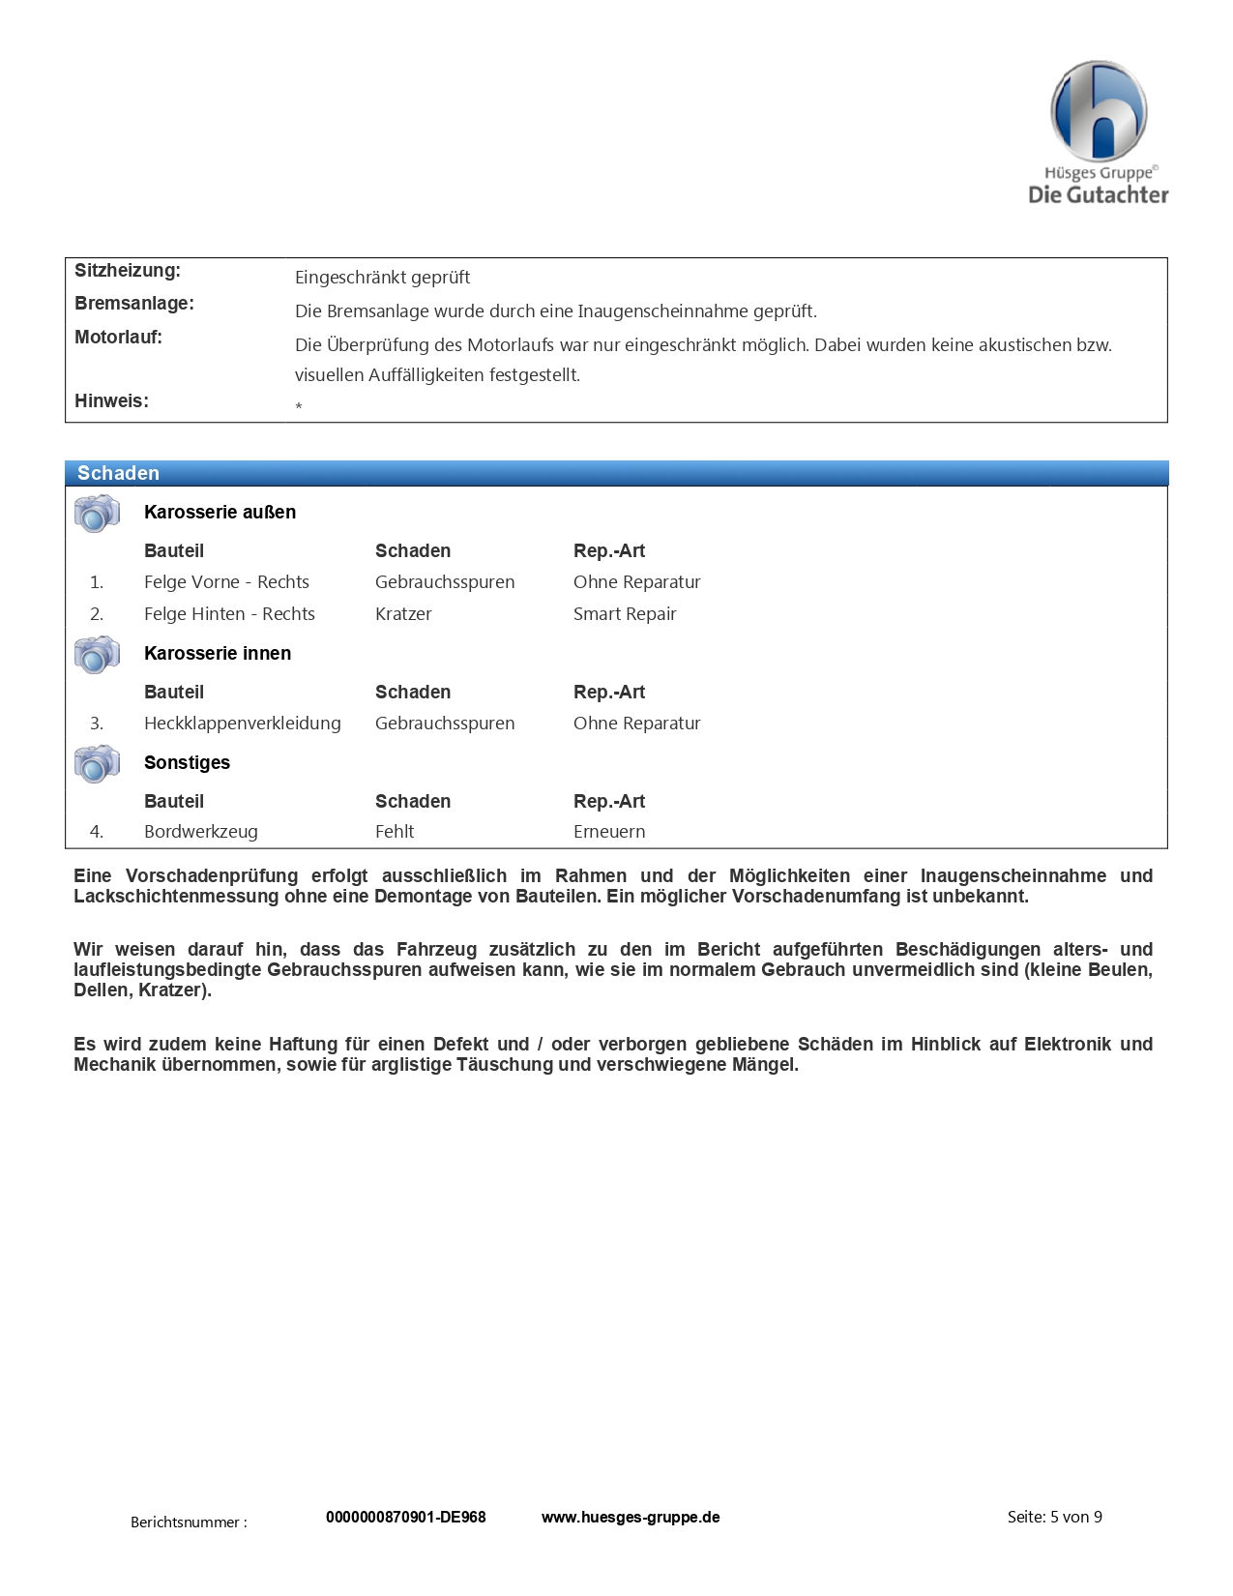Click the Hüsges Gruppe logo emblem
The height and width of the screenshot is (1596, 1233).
point(1099,110)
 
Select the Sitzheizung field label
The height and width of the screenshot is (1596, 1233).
point(128,271)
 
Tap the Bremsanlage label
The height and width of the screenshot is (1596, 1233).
point(134,304)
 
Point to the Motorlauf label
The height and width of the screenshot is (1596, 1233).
point(118,338)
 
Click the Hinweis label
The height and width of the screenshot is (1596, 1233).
point(111,401)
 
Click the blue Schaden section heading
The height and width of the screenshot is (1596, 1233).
point(118,473)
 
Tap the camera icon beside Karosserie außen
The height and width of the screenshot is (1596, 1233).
point(97,513)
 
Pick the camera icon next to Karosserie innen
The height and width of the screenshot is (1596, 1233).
point(97,654)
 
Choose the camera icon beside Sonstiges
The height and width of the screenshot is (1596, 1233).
point(97,763)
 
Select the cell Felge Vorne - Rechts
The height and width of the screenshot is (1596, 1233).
point(226,582)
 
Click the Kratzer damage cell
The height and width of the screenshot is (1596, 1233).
point(403,614)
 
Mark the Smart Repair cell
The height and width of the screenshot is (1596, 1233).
point(625,614)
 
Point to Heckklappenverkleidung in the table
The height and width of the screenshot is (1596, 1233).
point(242,724)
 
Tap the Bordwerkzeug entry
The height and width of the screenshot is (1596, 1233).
point(200,832)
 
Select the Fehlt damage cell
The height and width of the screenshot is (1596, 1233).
point(395,832)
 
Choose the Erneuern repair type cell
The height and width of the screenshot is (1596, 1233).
point(609,832)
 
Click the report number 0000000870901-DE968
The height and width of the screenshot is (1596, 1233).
point(405,1518)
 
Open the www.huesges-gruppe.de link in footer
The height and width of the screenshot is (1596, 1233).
point(631,1518)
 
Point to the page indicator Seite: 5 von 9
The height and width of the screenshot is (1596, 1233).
point(1054,1518)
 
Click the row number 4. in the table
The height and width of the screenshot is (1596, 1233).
point(97,832)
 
